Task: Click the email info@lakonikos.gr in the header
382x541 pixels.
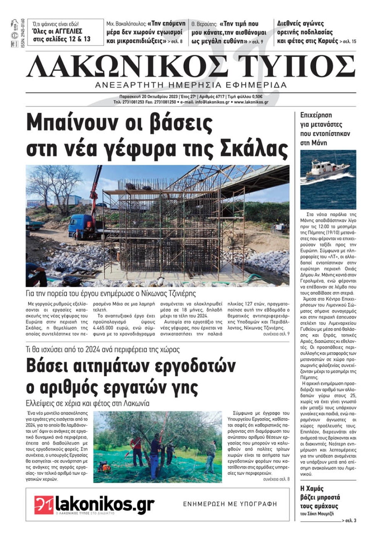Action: coord(212,102)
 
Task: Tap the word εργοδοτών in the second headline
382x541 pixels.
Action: coord(195,366)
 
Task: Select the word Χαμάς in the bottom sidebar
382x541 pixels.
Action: coord(316,489)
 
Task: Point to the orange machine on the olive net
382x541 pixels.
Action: coord(103,466)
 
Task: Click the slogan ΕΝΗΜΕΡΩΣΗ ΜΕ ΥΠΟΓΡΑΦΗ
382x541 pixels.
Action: coord(230,504)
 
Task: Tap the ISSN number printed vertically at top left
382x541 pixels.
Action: coord(23,33)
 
